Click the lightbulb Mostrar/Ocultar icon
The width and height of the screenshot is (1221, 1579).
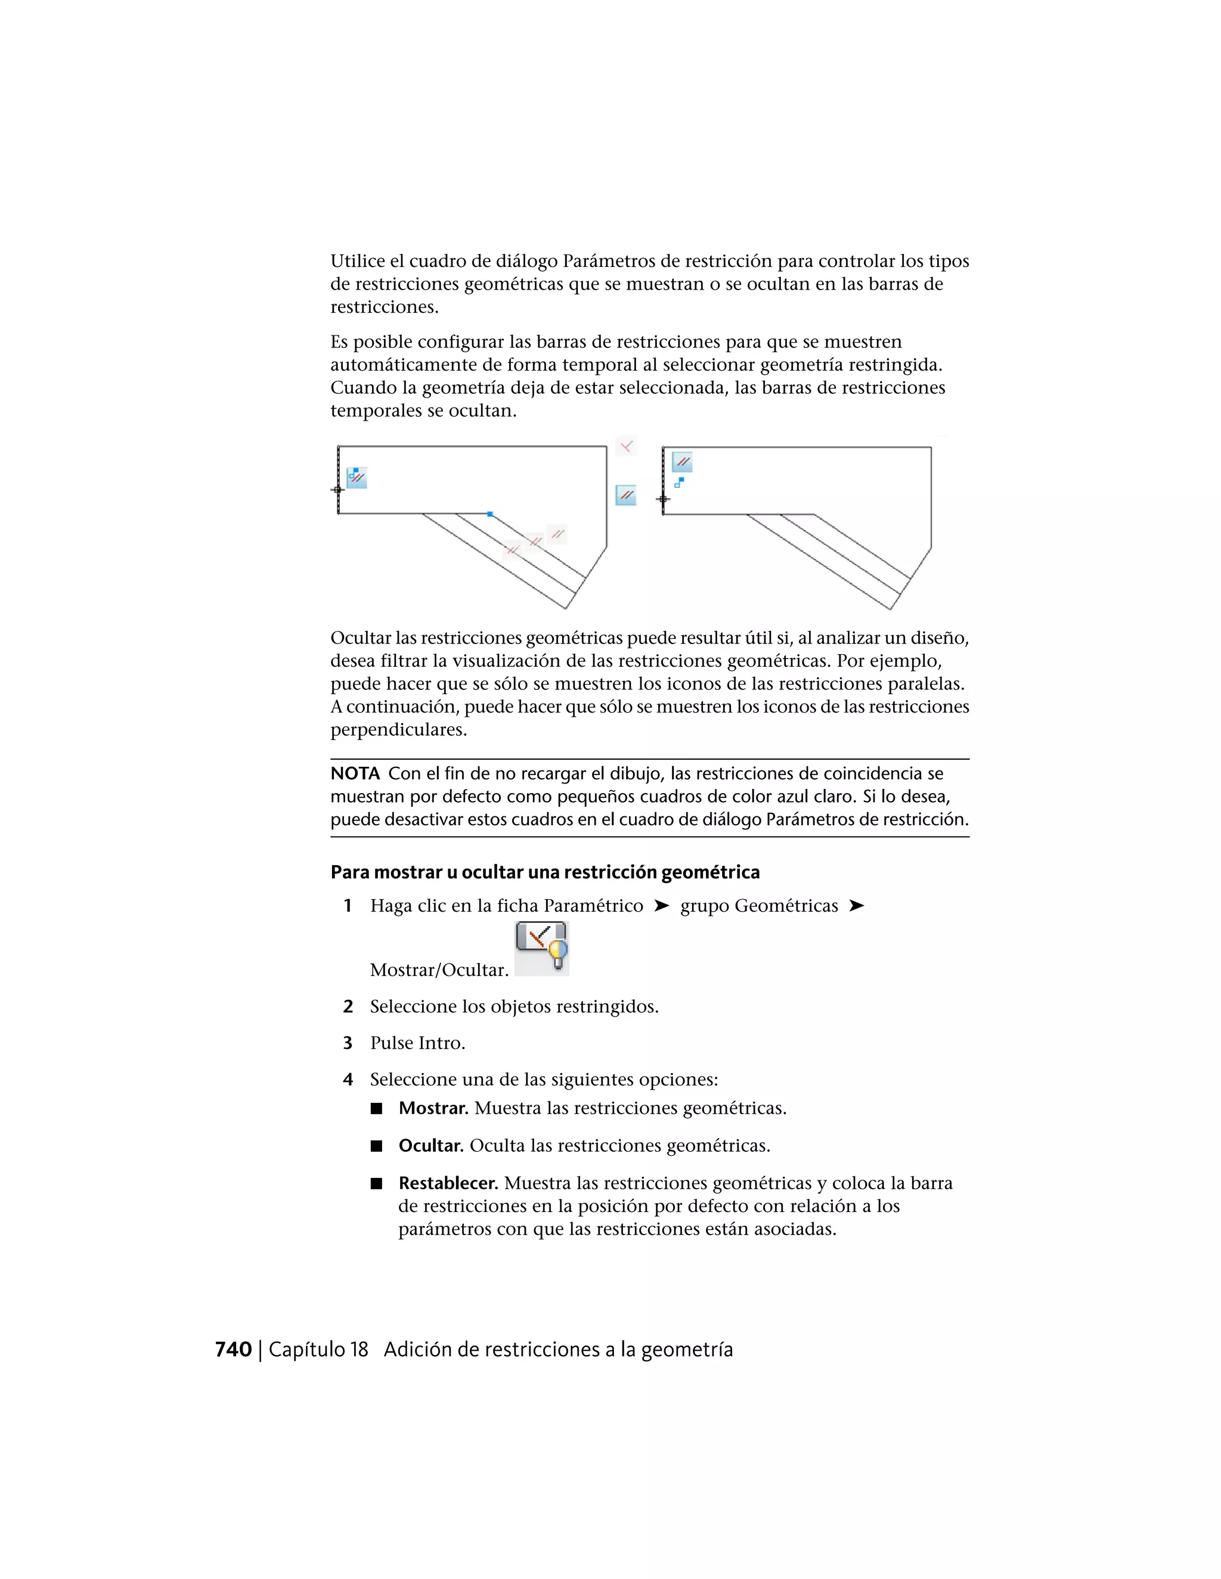pyautogui.click(x=542, y=948)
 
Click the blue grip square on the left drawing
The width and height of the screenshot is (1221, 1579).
pyautogui.click(x=489, y=514)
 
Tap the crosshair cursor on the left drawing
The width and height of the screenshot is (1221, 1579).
pyautogui.click(x=337, y=489)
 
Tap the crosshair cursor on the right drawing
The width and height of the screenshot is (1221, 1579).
pyautogui.click(x=662, y=499)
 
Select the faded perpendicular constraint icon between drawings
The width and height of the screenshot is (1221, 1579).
pyautogui.click(x=627, y=446)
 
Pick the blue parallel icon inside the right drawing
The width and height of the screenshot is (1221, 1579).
pyautogui.click(x=682, y=461)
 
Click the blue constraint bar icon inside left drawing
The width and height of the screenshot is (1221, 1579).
pyautogui.click(x=357, y=477)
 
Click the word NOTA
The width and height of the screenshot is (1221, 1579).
pyautogui.click(x=355, y=773)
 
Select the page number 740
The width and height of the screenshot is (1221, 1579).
pyautogui.click(x=233, y=1350)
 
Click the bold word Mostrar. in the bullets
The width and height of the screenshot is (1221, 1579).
pyautogui.click(x=433, y=1108)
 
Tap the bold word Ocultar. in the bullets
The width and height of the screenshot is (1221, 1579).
pyautogui.click(x=431, y=1146)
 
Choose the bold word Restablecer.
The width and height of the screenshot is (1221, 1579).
pyautogui.click(x=448, y=1183)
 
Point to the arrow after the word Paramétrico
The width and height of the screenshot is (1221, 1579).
pyautogui.click(x=661, y=906)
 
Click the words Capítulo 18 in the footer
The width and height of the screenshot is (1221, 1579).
pyautogui.click(x=318, y=1350)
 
